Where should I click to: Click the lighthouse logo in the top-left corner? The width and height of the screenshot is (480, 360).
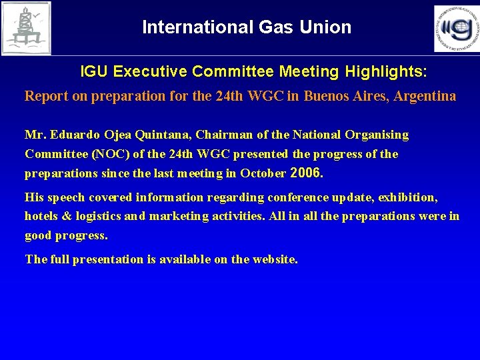(x=26, y=28)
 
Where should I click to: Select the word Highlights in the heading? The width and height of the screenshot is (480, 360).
(x=382, y=70)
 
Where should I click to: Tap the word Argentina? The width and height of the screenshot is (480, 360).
(x=425, y=96)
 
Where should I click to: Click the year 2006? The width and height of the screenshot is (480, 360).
(x=307, y=173)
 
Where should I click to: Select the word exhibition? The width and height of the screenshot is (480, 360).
(x=407, y=197)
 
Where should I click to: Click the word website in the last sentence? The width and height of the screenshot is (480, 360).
(x=274, y=259)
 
